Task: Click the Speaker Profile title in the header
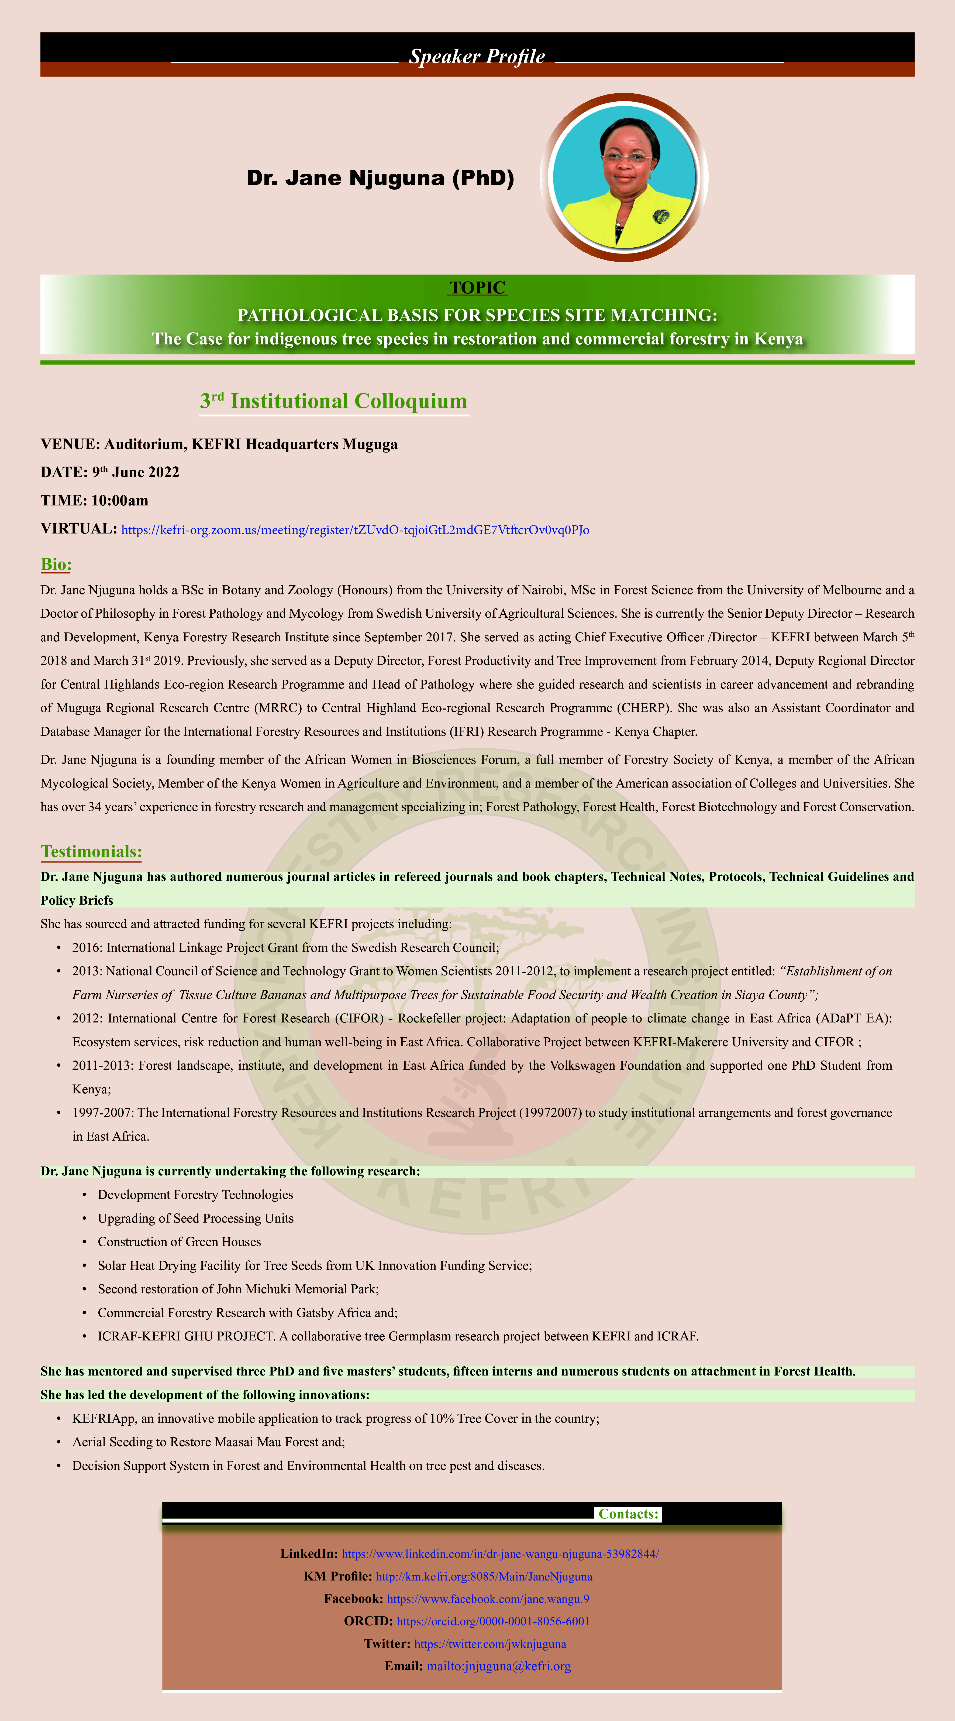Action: click(477, 57)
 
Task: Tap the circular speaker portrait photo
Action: click(625, 177)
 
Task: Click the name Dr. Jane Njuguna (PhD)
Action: click(380, 178)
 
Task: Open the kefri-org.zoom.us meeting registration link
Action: click(355, 530)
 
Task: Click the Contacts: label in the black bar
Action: click(628, 1514)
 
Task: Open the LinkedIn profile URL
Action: click(499, 1553)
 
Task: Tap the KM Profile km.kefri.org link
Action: click(484, 1576)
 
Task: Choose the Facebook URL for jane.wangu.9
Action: click(488, 1599)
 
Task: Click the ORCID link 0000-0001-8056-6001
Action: click(493, 1621)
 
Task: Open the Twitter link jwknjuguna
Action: click(489, 1644)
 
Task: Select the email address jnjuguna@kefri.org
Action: click(498, 1666)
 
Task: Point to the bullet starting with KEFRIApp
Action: click(335, 1418)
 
